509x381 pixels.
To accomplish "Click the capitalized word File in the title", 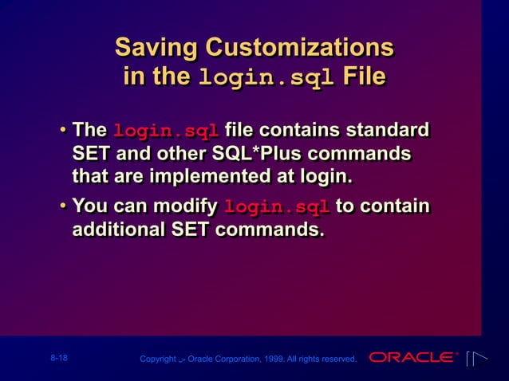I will click(x=364, y=77).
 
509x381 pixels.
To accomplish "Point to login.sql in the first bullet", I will click(x=167, y=131).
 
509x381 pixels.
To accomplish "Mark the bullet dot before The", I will click(x=62, y=130).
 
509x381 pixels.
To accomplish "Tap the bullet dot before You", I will click(x=62, y=208).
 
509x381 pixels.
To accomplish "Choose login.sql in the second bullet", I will click(x=278, y=209).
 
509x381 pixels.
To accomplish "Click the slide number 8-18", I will click(x=57, y=359).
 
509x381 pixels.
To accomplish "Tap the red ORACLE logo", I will click(x=413, y=358).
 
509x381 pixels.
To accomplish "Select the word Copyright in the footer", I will click(x=157, y=359).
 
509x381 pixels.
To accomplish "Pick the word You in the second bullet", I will click(x=89, y=207).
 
